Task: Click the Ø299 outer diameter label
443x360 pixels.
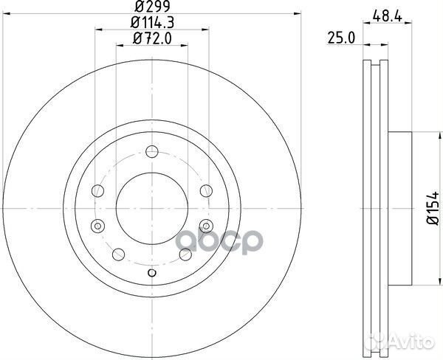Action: [152, 6]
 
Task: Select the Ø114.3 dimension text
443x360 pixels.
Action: [152, 22]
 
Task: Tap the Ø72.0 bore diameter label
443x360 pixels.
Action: [152, 38]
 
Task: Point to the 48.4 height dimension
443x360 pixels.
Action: [387, 16]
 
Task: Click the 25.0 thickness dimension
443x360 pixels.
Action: [340, 38]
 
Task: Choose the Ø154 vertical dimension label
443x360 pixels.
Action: [433, 207]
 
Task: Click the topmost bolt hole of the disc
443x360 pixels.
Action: [152, 152]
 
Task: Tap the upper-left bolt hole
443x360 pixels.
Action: [97, 190]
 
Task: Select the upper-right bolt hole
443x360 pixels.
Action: [206, 190]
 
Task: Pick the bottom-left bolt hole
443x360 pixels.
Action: [118, 255]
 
